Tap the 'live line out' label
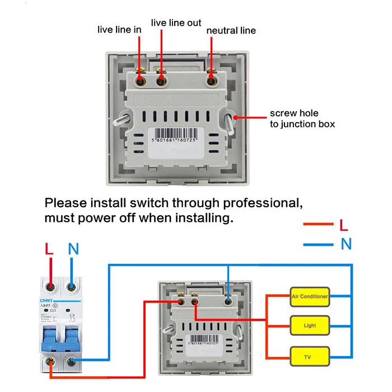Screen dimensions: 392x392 pos(176,22)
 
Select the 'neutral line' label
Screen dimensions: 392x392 pos(231,30)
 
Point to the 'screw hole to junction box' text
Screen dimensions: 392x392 pos(302,118)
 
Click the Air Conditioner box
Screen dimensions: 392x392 pos(309,296)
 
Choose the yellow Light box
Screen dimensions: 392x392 pos(309,325)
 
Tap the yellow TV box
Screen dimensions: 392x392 pos(309,356)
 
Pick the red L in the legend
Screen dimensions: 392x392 pos(344,225)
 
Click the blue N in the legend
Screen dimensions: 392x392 pos(346,244)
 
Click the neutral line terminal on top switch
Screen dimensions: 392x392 pos(212,81)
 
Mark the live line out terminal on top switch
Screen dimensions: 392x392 pos(162,81)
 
